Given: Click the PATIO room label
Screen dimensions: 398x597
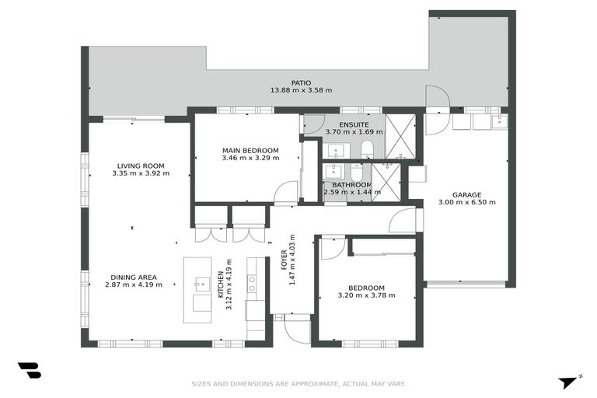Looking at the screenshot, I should (x=301, y=82).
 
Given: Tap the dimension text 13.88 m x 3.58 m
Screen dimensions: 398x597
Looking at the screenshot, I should (x=301, y=90).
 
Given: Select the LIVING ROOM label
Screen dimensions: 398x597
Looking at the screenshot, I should (x=141, y=166).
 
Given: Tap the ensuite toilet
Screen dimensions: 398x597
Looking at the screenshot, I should (x=368, y=149).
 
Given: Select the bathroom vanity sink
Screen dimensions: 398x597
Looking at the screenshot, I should (x=333, y=171).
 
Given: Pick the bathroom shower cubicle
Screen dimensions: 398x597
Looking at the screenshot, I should (x=386, y=183).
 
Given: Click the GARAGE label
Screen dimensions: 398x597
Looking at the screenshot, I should (x=466, y=194).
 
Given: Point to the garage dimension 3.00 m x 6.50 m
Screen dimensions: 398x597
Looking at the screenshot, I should (x=466, y=202).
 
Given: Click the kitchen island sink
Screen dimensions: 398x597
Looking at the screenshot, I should (x=201, y=284).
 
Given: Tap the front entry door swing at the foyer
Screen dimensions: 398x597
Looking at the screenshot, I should (x=297, y=330).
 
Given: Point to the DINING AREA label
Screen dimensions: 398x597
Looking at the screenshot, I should (x=134, y=277).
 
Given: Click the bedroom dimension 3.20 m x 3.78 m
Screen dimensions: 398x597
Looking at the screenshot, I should (x=366, y=295).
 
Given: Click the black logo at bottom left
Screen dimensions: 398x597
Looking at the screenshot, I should (x=29, y=371).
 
